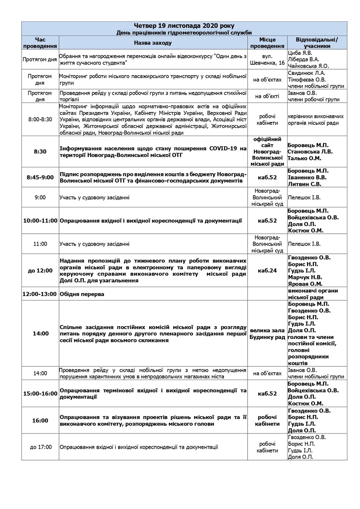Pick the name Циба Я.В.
coord(300,53)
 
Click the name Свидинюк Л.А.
coord(307,73)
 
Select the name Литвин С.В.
coord(304,184)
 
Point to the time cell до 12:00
coord(40,271)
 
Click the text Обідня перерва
coord(82,294)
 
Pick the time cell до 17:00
coord(40,447)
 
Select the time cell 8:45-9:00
coord(40,178)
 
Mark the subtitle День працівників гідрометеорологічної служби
coord(184,33)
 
